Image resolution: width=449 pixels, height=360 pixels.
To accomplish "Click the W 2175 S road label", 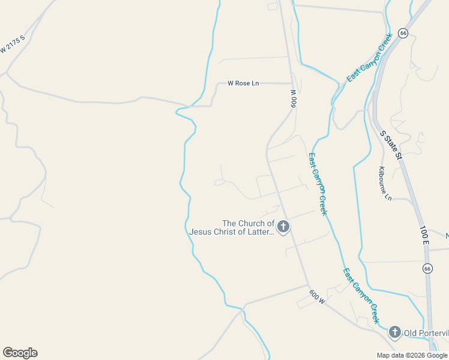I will coord(13,43).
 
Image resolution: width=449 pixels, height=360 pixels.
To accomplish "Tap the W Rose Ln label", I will coord(243,83).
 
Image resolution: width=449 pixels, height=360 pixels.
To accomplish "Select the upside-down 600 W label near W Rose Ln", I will coord(294,98).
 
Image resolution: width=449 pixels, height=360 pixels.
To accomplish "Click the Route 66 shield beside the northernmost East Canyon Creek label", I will coord(403,33).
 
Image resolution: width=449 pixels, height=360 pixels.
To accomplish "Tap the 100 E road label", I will coord(424,234).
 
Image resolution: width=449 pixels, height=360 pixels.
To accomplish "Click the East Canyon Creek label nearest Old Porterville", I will coord(361,296).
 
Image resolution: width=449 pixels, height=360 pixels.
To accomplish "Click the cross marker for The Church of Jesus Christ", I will coord(283,227).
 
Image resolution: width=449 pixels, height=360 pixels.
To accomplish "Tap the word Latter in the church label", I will coord(259,231).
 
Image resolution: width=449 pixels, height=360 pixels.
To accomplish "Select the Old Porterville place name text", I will coord(426,333).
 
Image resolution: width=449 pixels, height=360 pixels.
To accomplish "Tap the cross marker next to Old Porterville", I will coord(395,332).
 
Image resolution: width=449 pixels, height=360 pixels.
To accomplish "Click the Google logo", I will coord(20,353).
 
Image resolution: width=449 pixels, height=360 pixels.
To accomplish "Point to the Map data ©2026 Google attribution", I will coord(412,355).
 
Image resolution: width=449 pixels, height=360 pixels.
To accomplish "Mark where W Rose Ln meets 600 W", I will coord(291,83).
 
